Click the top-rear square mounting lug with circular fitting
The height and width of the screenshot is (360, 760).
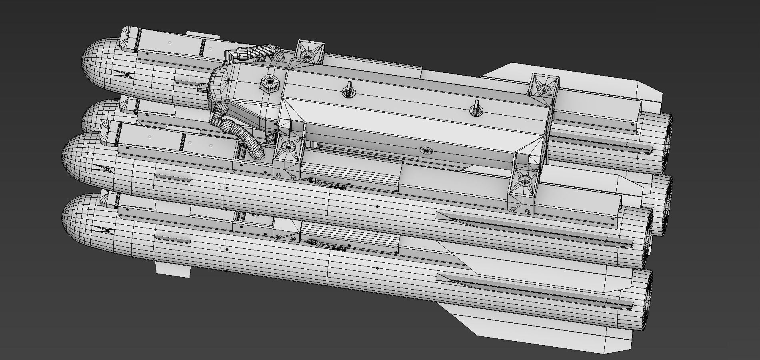(x=544, y=86)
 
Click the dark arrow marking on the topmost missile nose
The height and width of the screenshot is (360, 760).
(x=121, y=74)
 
